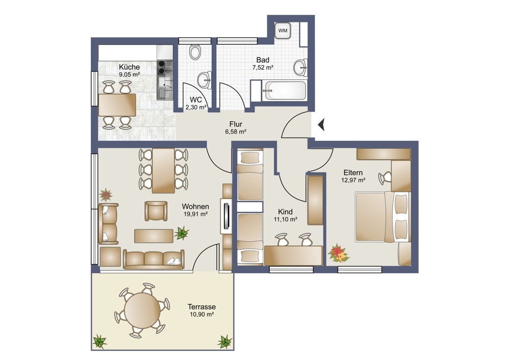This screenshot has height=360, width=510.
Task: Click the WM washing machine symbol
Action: (283, 31)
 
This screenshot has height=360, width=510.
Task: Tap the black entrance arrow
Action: (321, 124)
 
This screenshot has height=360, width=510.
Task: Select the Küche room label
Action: (129, 67)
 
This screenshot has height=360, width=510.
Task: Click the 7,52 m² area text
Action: (263, 68)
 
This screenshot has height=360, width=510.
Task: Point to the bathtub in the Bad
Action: (285, 90)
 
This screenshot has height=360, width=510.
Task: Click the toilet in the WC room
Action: (195, 52)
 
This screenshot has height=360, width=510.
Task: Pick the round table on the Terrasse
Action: (142, 310)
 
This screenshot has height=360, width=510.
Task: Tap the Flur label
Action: (236, 124)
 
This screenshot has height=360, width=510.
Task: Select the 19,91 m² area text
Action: (195, 214)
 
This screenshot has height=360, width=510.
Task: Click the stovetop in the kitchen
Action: (165, 68)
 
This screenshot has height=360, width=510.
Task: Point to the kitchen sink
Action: (165, 87)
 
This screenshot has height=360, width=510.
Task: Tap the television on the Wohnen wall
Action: (226, 216)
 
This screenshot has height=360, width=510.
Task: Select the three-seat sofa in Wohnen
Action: (154, 260)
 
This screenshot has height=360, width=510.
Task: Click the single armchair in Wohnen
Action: (156, 211)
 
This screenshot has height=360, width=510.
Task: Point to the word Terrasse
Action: (201, 306)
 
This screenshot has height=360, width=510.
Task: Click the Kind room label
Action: (285, 212)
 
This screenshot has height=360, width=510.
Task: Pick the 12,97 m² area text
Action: (353, 180)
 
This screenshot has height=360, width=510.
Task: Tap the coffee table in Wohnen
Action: (154, 236)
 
